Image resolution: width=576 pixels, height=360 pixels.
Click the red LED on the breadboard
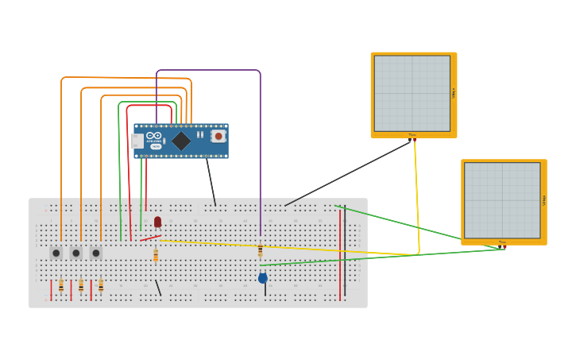pyautogui.click(x=157, y=222)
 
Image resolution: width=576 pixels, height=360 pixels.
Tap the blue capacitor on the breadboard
pyautogui.click(x=263, y=278)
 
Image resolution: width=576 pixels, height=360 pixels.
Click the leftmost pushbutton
pyautogui.click(x=56, y=253)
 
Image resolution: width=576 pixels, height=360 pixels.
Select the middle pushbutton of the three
pyautogui.click(x=76, y=253)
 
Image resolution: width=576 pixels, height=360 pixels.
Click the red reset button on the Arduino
pyautogui.click(x=218, y=136)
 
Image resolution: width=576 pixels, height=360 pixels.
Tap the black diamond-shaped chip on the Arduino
pyautogui.click(x=181, y=141)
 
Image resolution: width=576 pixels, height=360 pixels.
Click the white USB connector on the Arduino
pyautogui.click(x=137, y=141)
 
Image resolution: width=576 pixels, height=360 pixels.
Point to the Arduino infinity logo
pyautogui.click(x=154, y=136)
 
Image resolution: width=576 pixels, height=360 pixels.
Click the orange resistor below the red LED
pyautogui.click(x=156, y=255)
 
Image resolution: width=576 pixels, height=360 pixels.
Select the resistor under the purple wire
pyautogui.click(x=260, y=250)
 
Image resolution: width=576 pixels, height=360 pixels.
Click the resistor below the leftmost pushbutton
pyautogui.click(x=61, y=286)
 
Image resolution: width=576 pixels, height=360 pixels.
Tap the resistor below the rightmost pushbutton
pyautogui.click(x=101, y=286)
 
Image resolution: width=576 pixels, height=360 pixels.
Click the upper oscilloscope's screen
pyautogui.click(x=412, y=93)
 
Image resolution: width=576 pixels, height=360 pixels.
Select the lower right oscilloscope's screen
pyautogui.click(x=502, y=200)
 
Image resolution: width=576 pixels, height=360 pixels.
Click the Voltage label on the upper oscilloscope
pyautogui.click(x=454, y=93)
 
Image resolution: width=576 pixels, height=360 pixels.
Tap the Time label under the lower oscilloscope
pyautogui.click(x=502, y=242)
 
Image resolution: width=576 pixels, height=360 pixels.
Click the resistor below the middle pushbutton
pyautogui.click(x=81, y=286)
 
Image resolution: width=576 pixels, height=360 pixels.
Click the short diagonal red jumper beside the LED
pyautogui.click(x=150, y=238)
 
